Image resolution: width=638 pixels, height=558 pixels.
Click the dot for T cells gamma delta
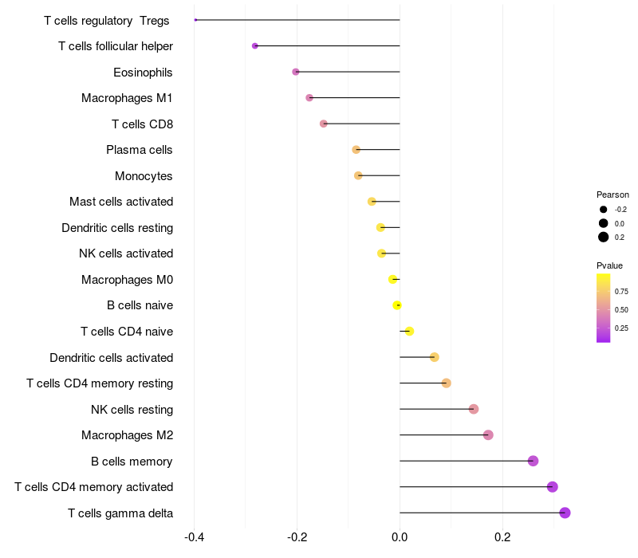565,513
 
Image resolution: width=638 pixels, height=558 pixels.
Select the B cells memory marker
533,461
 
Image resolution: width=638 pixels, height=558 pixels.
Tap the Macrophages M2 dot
488,434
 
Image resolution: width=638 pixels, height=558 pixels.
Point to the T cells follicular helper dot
254,46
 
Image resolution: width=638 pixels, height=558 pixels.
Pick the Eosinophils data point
296,72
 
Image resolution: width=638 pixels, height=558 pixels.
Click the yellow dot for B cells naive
397,305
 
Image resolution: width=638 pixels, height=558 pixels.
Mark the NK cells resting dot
474,409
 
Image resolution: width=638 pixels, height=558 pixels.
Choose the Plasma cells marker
356,150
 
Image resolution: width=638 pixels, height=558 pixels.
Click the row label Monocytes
144,175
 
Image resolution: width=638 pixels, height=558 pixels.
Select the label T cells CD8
142,124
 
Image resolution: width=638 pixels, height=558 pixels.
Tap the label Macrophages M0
127,279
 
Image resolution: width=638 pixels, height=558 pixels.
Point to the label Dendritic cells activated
111,357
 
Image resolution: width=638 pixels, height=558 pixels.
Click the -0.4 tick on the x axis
194,537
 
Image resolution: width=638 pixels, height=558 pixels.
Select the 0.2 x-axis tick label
502,537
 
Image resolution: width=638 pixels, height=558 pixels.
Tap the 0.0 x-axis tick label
400,537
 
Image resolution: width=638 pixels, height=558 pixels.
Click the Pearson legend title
612,195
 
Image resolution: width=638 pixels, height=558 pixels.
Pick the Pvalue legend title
609,265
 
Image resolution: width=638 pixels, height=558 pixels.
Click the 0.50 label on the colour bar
621,309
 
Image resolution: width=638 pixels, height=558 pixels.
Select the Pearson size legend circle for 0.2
604,237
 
